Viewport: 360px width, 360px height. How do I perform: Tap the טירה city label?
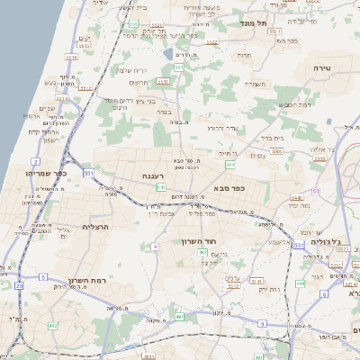[x=323, y=67]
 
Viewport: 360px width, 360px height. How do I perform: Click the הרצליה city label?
[x=95, y=227]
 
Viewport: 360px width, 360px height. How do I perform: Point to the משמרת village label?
[x=256, y=84]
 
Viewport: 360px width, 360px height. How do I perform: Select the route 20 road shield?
[x=20, y=284]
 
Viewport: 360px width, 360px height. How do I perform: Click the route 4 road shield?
[x=155, y=245]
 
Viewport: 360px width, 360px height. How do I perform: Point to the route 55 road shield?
[x=316, y=192]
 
